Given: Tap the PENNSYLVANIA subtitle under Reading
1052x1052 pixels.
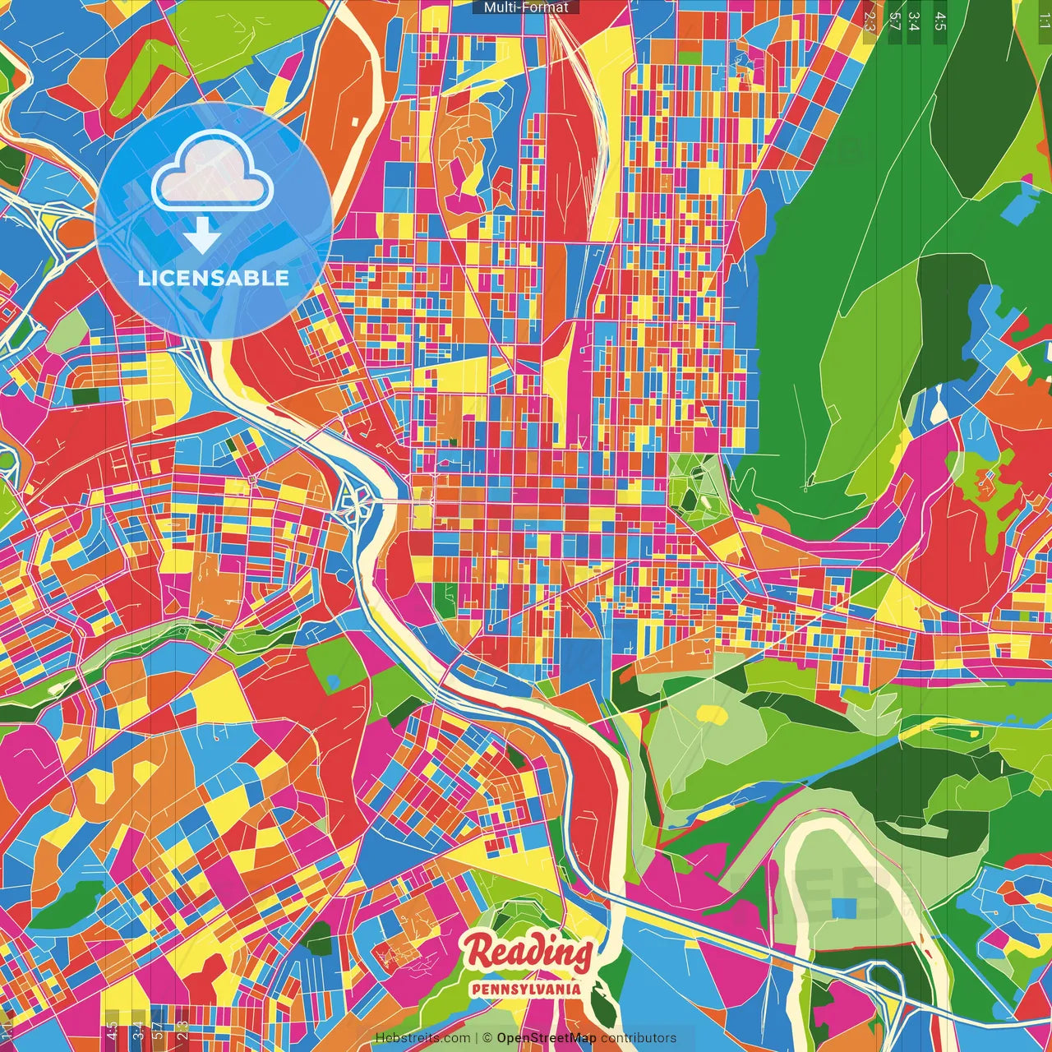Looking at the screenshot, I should click(526, 989).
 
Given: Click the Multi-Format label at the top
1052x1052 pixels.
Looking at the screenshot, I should click(526, 7).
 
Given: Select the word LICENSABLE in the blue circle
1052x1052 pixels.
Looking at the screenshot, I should click(214, 278).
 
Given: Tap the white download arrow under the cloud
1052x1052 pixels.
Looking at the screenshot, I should click(202, 238).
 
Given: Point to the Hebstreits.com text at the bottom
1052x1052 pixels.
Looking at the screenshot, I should click(423, 1038).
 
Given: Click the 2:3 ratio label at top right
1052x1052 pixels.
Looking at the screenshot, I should click(870, 21).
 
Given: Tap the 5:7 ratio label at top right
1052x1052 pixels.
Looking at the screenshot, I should click(894, 21).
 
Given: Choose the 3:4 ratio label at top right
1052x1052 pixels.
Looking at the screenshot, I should click(914, 21).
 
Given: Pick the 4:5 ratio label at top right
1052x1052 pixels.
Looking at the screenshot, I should click(940, 21).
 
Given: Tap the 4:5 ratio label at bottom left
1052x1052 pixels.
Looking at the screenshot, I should click(112, 1031).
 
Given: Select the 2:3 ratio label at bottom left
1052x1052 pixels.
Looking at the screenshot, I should click(182, 1031).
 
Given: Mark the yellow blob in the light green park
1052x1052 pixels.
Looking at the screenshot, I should click(712, 714).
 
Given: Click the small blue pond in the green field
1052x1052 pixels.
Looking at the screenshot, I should click(333, 681).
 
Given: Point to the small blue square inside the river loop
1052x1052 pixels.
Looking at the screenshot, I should click(843, 907).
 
